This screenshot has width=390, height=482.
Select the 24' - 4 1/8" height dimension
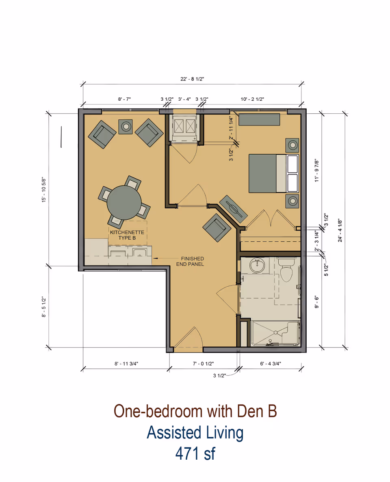(340, 231)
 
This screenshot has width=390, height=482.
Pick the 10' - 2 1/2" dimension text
(252, 99)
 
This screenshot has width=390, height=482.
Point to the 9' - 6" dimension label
(317, 301)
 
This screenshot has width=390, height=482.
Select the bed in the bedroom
(273, 173)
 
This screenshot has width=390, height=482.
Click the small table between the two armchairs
(126, 127)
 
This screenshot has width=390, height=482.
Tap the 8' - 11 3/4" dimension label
(126, 364)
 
